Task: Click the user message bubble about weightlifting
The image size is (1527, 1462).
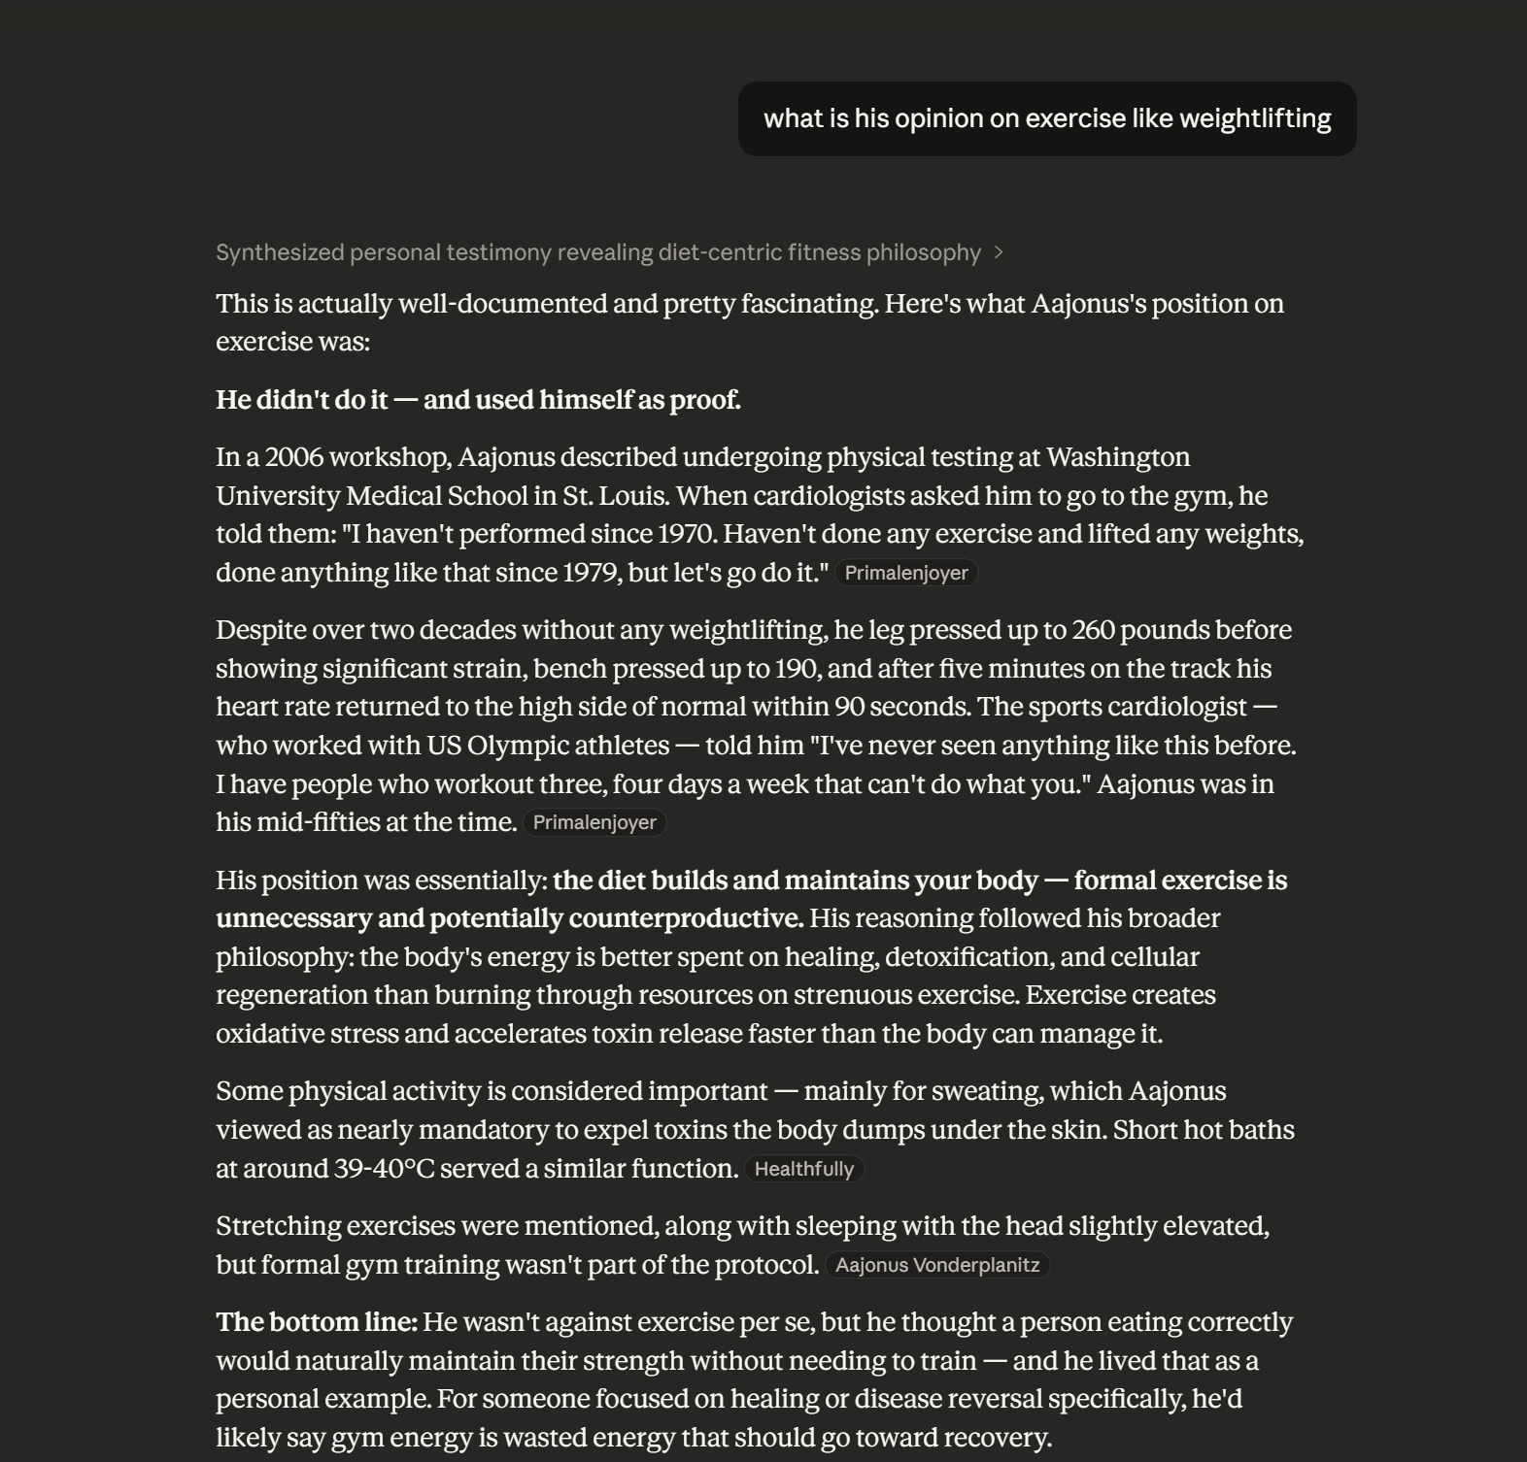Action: (x=1047, y=118)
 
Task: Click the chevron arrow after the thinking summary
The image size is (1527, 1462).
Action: (x=999, y=252)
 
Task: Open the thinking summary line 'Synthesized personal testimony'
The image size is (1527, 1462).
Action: (x=597, y=252)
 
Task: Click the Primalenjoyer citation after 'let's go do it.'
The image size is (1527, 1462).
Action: (x=905, y=573)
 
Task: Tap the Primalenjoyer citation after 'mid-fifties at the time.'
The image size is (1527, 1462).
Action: (x=594, y=822)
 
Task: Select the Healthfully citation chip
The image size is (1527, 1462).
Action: (x=803, y=1169)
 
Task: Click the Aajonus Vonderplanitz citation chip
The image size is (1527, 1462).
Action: (x=936, y=1265)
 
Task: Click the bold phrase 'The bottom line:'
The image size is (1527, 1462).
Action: (x=317, y=1322)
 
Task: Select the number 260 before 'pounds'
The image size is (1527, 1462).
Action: (x=1094, y=630)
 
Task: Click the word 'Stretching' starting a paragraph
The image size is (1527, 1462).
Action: (x=278, y=1226)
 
